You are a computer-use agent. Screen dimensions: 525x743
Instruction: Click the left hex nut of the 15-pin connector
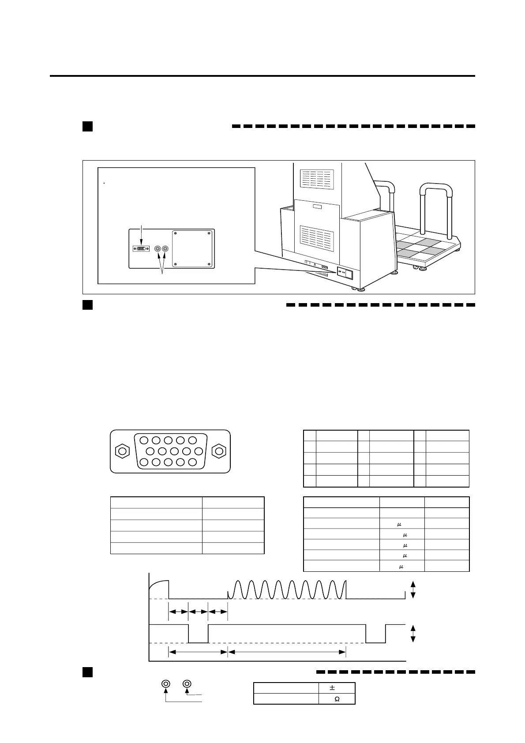click(122, 451)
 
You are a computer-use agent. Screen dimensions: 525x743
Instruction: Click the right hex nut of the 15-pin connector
click(219, 451)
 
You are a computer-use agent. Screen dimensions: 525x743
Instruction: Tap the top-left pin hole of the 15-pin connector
click(144, 440)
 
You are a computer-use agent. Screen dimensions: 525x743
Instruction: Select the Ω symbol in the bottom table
click(337, 699)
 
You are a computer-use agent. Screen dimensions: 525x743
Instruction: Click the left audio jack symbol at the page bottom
click(166, 684)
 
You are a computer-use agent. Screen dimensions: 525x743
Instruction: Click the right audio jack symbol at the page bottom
click(187, 684)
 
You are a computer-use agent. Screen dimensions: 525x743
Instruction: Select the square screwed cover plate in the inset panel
click(192, 248)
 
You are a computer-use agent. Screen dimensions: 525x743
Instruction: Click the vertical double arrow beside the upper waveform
click(413, 589)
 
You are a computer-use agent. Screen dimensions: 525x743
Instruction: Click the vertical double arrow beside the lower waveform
click(413, 634)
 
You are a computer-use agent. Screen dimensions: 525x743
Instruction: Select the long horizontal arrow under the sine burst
click(287, 652)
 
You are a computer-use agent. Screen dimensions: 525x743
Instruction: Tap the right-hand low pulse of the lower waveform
click(376, 634)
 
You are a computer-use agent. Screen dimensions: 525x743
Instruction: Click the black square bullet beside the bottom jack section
click(87, 672)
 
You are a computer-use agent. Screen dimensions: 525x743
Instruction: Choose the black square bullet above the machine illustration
click(87, 126)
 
